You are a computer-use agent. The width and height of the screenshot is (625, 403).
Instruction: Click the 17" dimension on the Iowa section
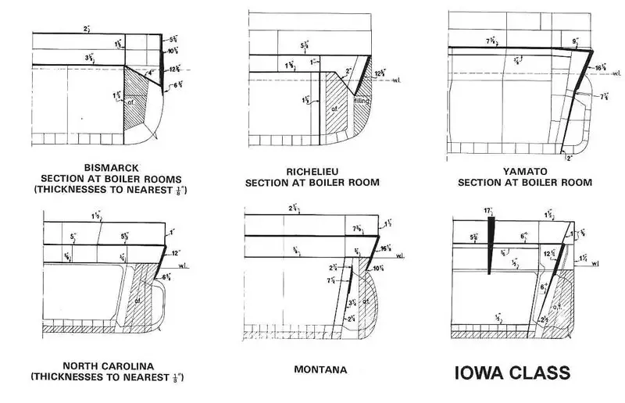coord(487,210)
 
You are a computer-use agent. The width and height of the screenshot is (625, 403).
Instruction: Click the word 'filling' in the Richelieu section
coord(361,101)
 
